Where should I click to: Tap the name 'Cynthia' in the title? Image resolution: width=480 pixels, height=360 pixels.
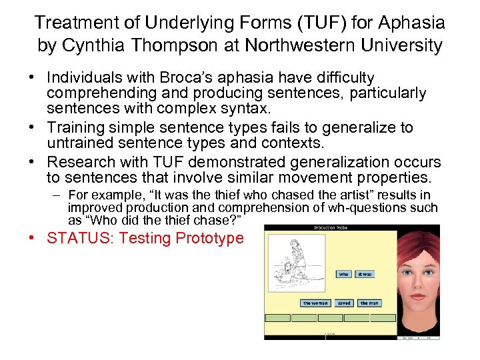95,45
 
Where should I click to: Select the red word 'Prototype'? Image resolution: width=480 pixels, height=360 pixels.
210,238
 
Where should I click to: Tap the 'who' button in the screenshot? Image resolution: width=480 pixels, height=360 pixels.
344,274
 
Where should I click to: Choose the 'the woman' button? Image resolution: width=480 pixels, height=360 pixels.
315,303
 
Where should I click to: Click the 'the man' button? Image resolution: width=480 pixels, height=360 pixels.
369,303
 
